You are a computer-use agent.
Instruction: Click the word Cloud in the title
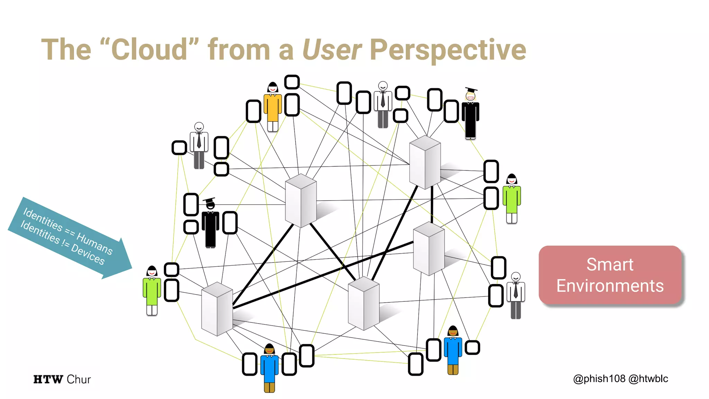point(150,50)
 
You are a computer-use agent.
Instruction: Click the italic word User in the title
point(332,50)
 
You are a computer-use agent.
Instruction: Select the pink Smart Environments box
point(610,275)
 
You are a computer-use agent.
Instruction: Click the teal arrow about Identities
point(69,237)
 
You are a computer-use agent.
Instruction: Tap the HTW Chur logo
point(62,379)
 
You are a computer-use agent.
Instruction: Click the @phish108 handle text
point(599,379)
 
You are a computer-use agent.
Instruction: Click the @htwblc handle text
point(648,379)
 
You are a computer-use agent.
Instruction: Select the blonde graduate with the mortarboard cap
point(470,114)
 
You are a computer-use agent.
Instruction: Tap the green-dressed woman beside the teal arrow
point(152,290)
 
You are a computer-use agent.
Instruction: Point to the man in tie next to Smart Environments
point(516,295)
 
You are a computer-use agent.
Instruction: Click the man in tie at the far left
point(199,145)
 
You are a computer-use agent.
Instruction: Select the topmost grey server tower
point(425,162)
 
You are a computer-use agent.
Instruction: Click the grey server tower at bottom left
point(217,309)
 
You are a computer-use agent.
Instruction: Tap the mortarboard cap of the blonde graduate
point(471,90)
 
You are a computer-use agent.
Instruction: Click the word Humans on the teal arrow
point(95,243)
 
